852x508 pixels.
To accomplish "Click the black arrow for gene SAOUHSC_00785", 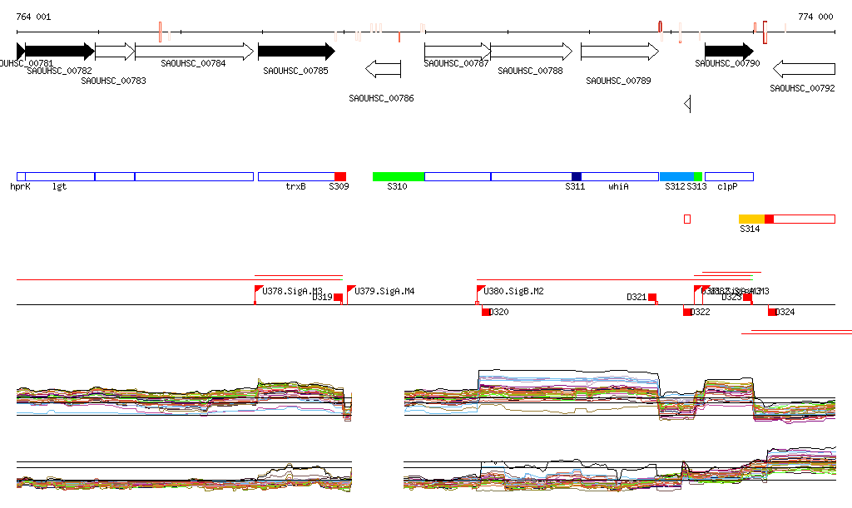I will [296, 52].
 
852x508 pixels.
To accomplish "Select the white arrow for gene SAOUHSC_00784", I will [194, 52].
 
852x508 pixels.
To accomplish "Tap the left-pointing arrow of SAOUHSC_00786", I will [384, 67].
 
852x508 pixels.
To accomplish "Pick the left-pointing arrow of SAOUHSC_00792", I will [803, 67].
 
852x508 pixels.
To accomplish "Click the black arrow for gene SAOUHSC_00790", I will [728, 52].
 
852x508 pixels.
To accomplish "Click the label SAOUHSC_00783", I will [113, 81].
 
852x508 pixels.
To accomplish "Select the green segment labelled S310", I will [398, 176].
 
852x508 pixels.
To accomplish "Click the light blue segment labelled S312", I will [676, 176].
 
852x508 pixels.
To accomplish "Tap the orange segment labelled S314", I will [750, 219].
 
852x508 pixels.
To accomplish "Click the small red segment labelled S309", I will [339, 176].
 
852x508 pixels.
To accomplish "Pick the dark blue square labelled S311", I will [577, 176].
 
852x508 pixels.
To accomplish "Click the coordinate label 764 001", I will [33, 17].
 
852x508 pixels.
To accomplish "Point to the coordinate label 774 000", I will [815, 17].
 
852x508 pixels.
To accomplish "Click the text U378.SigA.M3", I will [292, 291].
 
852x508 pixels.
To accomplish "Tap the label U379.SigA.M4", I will [384, 291].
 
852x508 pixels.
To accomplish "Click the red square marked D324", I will [772, 312].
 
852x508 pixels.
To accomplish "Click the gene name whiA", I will [618, 187].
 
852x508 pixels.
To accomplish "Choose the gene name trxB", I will [295, 187].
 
